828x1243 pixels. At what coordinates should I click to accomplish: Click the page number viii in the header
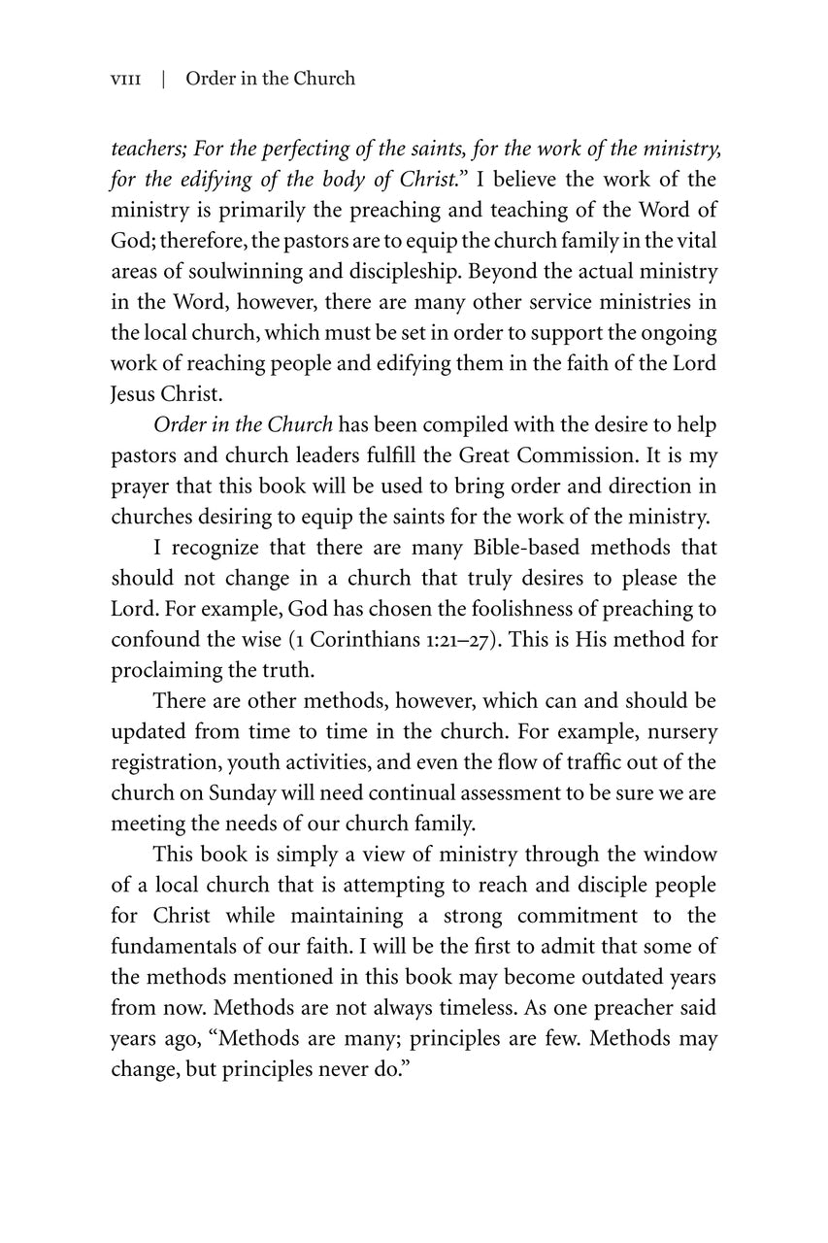tap(125, 79)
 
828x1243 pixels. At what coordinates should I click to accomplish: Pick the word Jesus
tap(134, 394)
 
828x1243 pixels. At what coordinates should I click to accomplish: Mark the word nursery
tap(678, 731)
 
